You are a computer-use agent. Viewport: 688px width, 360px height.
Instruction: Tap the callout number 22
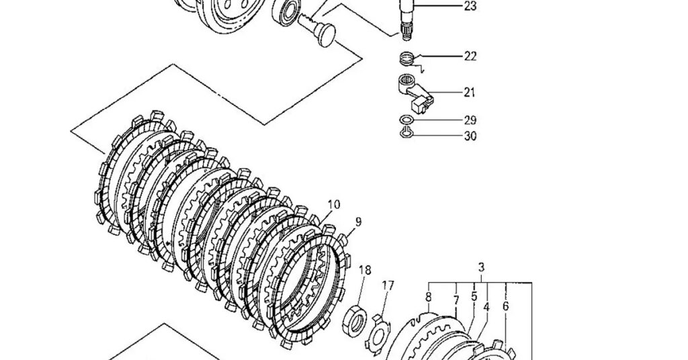[470, 56]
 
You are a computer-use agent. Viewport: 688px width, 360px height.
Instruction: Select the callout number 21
[470, 93]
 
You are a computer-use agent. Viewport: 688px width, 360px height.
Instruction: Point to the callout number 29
[470, 121]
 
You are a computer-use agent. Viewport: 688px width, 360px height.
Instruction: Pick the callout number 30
[470, 136]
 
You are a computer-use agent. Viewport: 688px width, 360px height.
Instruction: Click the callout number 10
[333, 204]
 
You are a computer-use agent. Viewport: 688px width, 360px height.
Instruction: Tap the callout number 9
[359, 222]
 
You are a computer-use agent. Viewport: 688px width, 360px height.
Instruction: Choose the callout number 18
[365, 270]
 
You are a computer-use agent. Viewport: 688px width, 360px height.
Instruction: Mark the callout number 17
[388, 285]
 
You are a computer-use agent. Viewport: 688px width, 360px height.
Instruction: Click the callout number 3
[481, 267]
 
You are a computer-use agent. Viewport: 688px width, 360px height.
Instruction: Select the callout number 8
[429, 297]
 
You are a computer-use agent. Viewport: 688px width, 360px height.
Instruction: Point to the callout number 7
[456, 300]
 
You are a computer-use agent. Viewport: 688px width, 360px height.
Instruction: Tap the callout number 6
[505, 306]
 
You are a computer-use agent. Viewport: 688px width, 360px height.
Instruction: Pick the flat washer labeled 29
[406, 120]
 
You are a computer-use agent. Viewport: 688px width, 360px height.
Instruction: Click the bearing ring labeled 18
[354, 320]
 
